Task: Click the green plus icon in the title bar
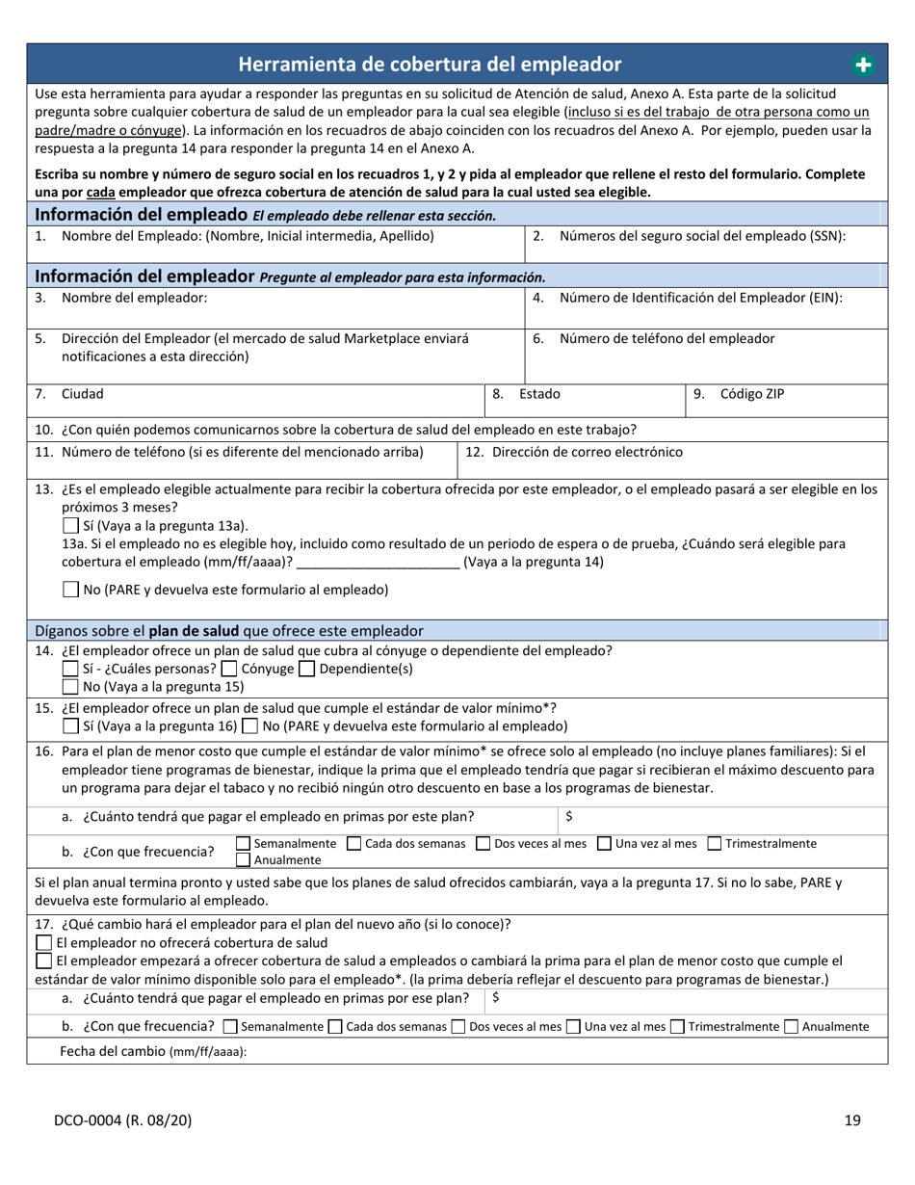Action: coord(862,65)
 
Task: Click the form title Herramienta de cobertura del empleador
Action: coord(430,65)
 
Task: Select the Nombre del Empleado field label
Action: coord(247,236)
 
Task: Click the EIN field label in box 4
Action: coord(700,298)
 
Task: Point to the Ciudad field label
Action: coord(83,394)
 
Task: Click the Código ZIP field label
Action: coord(752,394)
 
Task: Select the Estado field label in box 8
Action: coord(539,394)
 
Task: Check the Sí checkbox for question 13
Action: coord(69,526)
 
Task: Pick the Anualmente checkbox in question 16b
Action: coord(244,858)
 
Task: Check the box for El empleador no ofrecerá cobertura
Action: coord(43,942)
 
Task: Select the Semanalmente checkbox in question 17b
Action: coord(229,1027)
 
